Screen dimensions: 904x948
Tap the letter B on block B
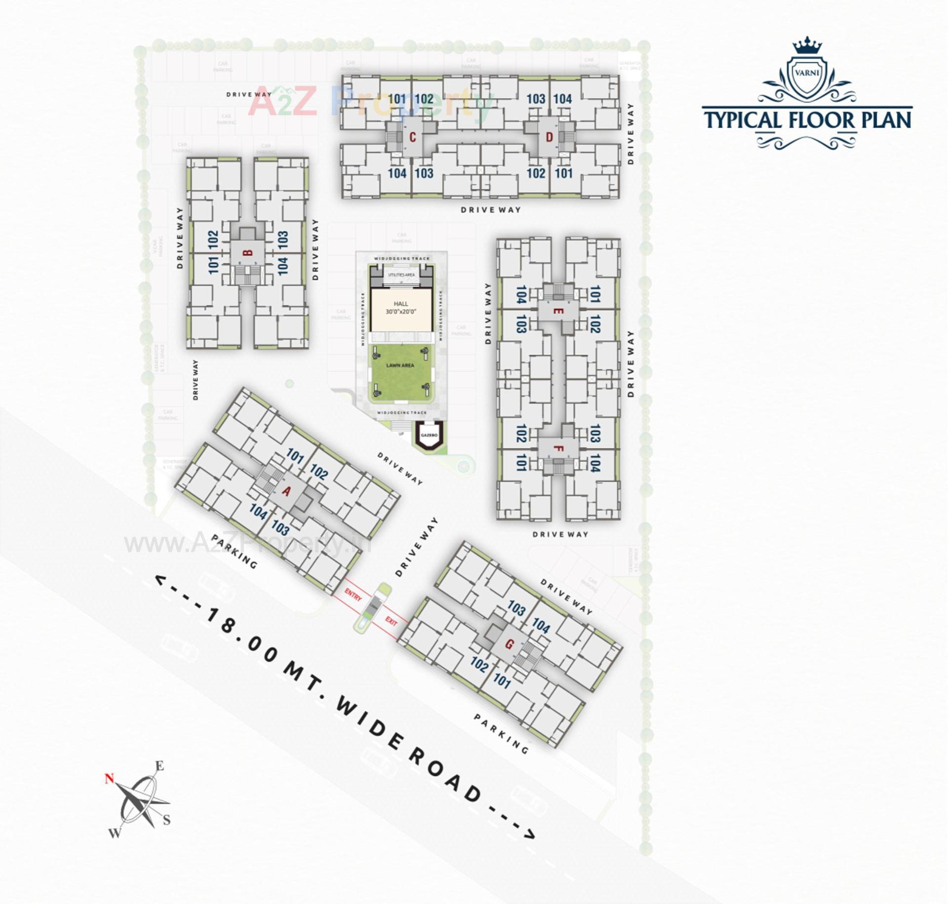(x=248, y=253)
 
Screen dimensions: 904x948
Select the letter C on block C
(x=413, y=137)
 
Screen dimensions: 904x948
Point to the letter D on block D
(x=549, y=137)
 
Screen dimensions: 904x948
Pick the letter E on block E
(x=558, y=311)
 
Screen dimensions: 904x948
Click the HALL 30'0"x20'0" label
(x=401, y=308)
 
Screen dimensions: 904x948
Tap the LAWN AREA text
(x=400, y=365)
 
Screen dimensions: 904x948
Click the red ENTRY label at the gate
(x=353, y=594)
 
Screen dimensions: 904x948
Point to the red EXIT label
(x=391, y=621)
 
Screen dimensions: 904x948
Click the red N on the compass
(x=109, y=779)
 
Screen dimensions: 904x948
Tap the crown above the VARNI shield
(x=807, y=46)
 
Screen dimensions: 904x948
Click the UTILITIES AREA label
(x=401, y=275)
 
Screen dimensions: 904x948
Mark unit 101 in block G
(x=502, y=681)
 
